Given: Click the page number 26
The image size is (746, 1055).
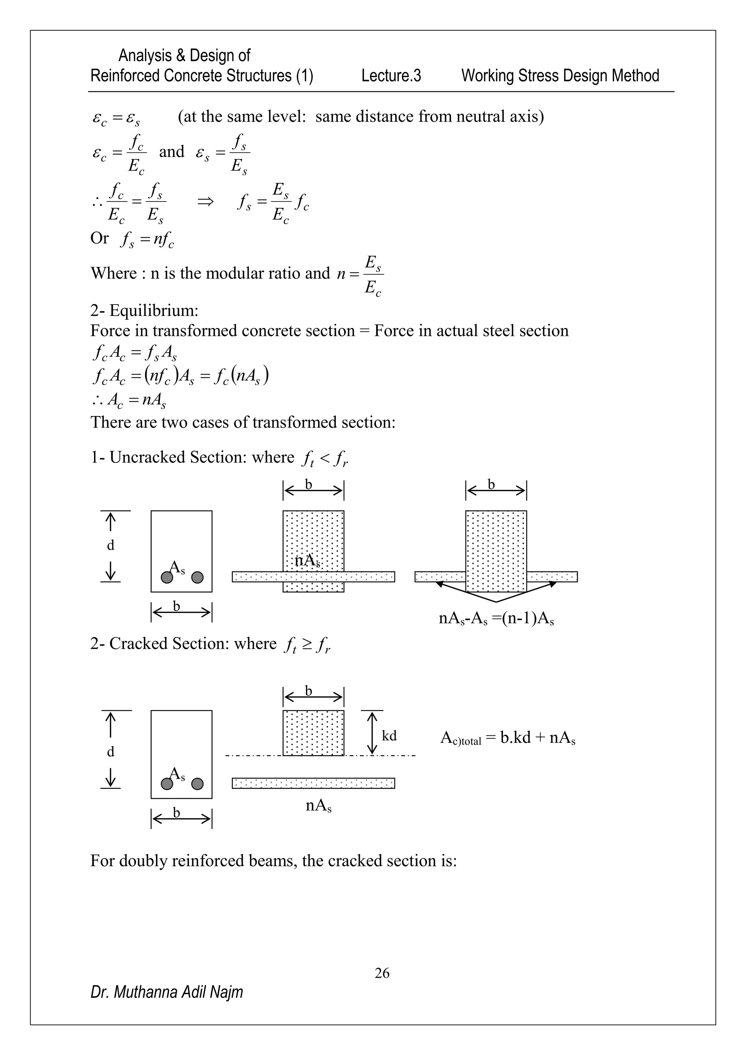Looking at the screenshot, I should coord(382,973).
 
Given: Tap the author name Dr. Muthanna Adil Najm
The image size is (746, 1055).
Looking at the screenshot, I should coord(166,992).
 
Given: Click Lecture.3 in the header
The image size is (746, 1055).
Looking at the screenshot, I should coord(391,75).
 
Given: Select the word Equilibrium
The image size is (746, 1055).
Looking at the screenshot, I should coord(153,311).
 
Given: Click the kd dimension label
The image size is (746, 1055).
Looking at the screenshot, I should coord(389,736).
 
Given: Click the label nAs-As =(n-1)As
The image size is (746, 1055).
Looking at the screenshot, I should coord(496,618).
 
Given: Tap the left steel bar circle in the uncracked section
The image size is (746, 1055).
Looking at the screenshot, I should coord(167,577).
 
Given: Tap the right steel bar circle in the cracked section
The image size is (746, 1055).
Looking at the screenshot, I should coord(197,784).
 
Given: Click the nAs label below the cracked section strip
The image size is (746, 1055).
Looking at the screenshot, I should coord(318,805).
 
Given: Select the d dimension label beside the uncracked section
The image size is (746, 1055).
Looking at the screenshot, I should coord(111,545).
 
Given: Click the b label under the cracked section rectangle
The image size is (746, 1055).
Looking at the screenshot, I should coord(176,812).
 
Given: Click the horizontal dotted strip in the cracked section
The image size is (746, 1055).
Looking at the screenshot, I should coord(313,783).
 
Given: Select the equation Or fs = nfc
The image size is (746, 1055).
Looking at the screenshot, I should coord(132,239).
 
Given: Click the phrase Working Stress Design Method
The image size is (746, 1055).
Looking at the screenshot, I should coord(560,75).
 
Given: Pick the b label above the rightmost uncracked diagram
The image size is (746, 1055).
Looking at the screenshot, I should coord(491,484).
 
